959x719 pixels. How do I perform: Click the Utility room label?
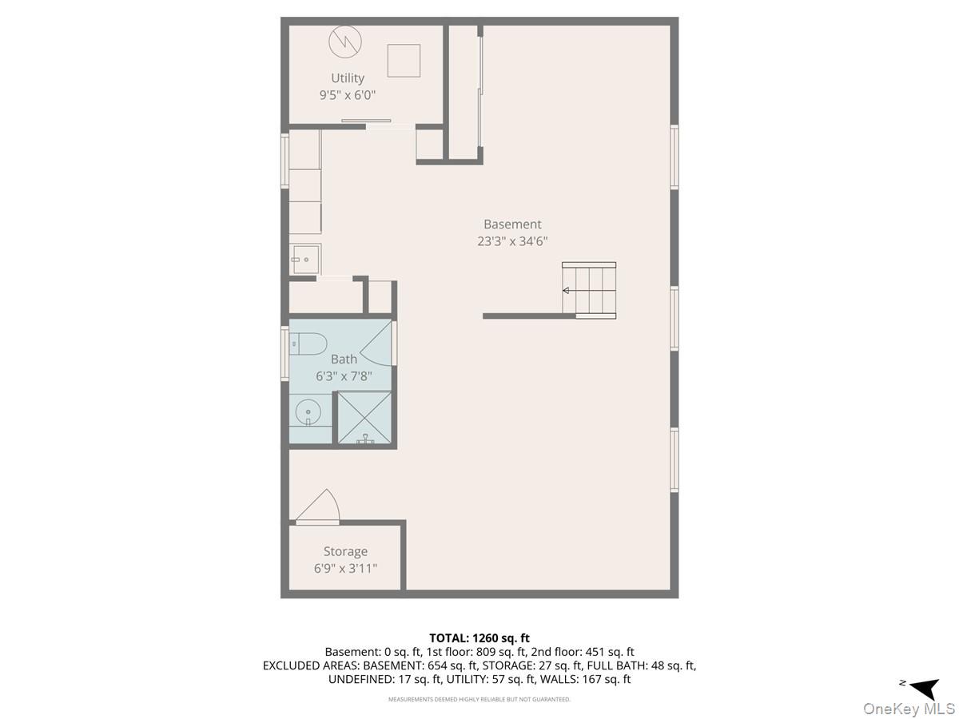[x=348, y=78]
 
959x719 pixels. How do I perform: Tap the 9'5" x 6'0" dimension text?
[x=348, y=95]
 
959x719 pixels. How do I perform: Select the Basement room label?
[x=512, y=224]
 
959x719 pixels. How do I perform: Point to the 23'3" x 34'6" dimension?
[x=512, y=241]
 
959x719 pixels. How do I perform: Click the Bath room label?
[x=344, y=359]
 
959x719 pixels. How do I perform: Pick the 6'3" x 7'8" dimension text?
[x=344, y=375]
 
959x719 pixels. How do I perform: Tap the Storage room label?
[x=345, y=551]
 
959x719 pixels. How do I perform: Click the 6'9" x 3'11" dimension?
[x=345, y=568]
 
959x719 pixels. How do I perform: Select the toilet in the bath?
[x=308, y=344]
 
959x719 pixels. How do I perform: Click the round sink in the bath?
[x=308, y=411]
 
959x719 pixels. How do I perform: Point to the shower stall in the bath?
[x=364, y=418]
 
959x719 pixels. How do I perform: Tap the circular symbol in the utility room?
[x=345, y=42]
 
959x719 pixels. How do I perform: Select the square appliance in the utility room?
[x=404, y=61]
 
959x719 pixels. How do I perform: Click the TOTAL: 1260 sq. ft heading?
[x=479, y=638]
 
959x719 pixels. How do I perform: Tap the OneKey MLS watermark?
[x=909, y=709]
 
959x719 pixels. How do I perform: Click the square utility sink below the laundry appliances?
[x=305, y=260]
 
